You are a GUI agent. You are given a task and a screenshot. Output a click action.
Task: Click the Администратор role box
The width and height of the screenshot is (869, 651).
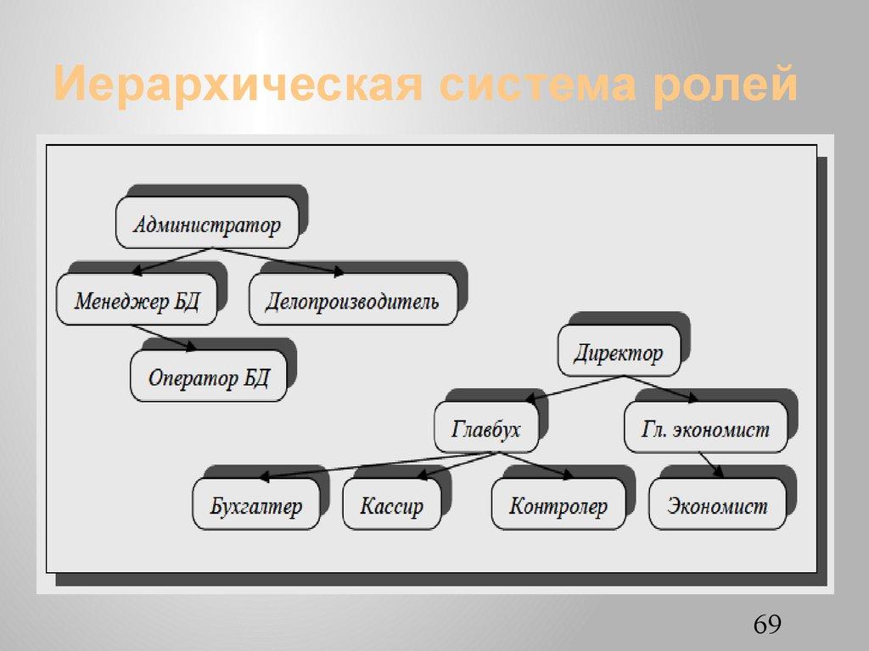(207, 224)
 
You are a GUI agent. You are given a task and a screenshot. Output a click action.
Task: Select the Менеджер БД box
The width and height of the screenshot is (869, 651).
(137, 301)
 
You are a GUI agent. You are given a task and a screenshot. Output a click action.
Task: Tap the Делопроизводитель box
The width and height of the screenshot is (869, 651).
(352, 301)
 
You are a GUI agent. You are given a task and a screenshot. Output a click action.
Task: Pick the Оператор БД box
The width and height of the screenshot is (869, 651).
(208, 376)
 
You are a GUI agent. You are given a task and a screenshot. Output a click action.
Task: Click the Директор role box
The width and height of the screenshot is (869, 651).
(619, 352)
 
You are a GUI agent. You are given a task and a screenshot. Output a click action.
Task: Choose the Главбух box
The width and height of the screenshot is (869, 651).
(486, 428)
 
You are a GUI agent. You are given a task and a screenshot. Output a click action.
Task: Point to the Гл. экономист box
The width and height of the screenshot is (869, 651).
(705, 428)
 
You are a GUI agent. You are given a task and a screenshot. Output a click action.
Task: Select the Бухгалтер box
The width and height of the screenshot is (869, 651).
(256, 506)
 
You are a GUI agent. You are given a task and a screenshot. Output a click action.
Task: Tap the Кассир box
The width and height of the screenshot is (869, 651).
(391, 506)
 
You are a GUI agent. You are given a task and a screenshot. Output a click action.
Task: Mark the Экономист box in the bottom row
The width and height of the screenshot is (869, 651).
(717, 506)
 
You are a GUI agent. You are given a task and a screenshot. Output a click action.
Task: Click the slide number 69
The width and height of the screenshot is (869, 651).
(766, 626)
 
